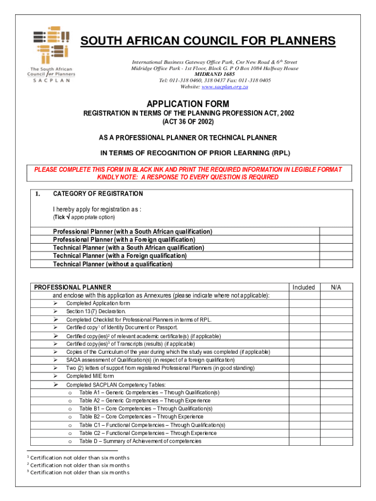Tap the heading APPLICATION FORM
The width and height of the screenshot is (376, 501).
(x=188, y=104)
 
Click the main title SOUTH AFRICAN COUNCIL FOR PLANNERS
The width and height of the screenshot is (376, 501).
(x=208, y=41)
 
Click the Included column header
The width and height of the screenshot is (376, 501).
(x=303, y=287)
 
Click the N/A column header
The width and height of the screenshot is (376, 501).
(x=335, y=287)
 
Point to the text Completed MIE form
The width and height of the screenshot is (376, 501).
(x=90, y=376)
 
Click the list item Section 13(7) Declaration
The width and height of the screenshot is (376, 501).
(x=96, y=311)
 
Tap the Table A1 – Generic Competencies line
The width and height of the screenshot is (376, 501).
(x=149, y=393)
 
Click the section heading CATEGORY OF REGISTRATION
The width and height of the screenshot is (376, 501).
(x=98, y=194)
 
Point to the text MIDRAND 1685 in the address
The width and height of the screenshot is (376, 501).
(x=215, y=74)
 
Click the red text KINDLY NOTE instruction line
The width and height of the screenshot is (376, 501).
(x=188, y=177)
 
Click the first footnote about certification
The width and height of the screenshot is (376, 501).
(x=78, y=457)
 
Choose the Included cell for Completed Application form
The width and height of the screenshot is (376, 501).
(x=303, y=303)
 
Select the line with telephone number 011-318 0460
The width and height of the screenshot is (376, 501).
(x=215, y=80)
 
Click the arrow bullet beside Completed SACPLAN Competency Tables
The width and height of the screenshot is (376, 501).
(x=56, y=385)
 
